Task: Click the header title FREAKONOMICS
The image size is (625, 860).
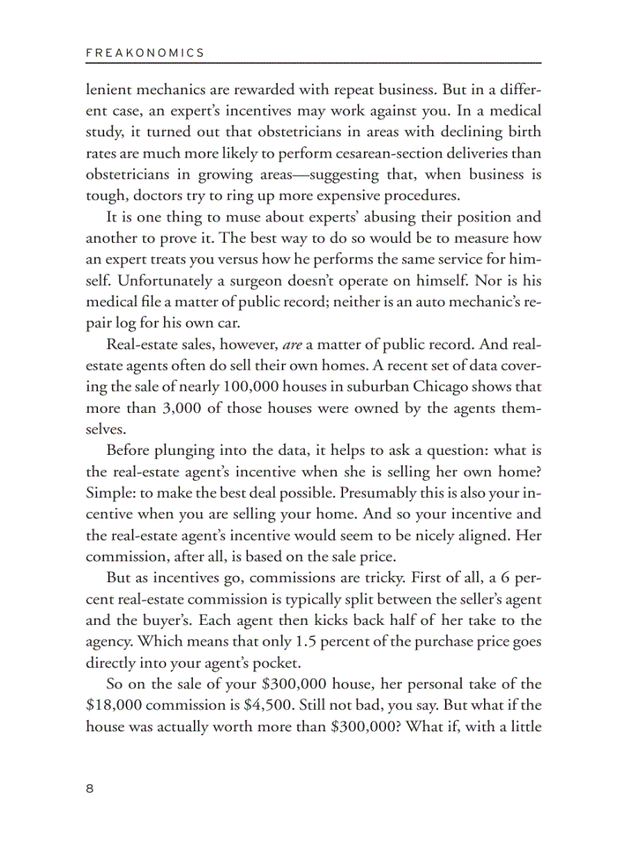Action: click(x=145, y=53)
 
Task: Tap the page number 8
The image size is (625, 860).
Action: click(x=90, y=790)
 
